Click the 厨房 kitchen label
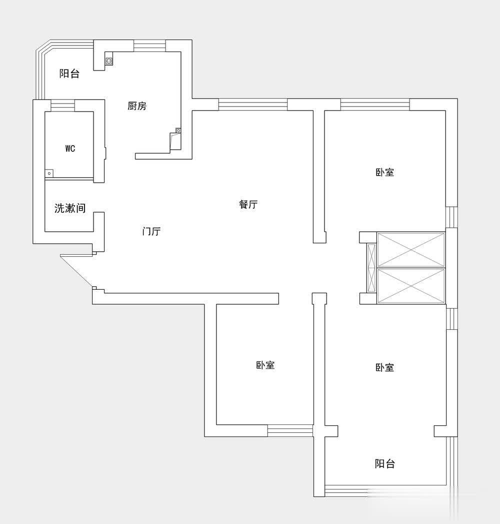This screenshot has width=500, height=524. coord(137,106)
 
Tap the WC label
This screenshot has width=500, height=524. coord(70,148)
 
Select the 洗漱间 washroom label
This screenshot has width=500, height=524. coord(70,208)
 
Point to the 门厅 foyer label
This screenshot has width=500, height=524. coord(151,231)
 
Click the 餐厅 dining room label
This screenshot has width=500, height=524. coord(248,204)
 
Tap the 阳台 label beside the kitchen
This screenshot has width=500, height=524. coord(69,74)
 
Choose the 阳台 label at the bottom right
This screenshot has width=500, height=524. coord(385,463)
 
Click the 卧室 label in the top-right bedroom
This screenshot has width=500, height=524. coord(385,173)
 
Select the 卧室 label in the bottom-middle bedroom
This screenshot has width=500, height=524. coord(265,365)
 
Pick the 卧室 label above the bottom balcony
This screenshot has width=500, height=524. coord(385,368)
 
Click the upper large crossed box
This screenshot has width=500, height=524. coord(411,250)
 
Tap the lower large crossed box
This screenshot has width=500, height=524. coord(411,286)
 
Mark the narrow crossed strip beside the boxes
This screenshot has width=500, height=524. coord(371,268)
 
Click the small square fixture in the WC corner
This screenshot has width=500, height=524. coord(48,173)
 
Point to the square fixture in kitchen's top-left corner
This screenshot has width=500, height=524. coord(109,61)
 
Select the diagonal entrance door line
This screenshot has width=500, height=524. coord(76,271)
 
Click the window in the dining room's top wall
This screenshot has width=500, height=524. coord(252,104)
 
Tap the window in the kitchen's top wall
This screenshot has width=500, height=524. coord(149,46)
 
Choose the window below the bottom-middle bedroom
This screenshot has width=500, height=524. coord(290,431)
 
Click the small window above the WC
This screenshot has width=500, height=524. coord(62,105)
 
